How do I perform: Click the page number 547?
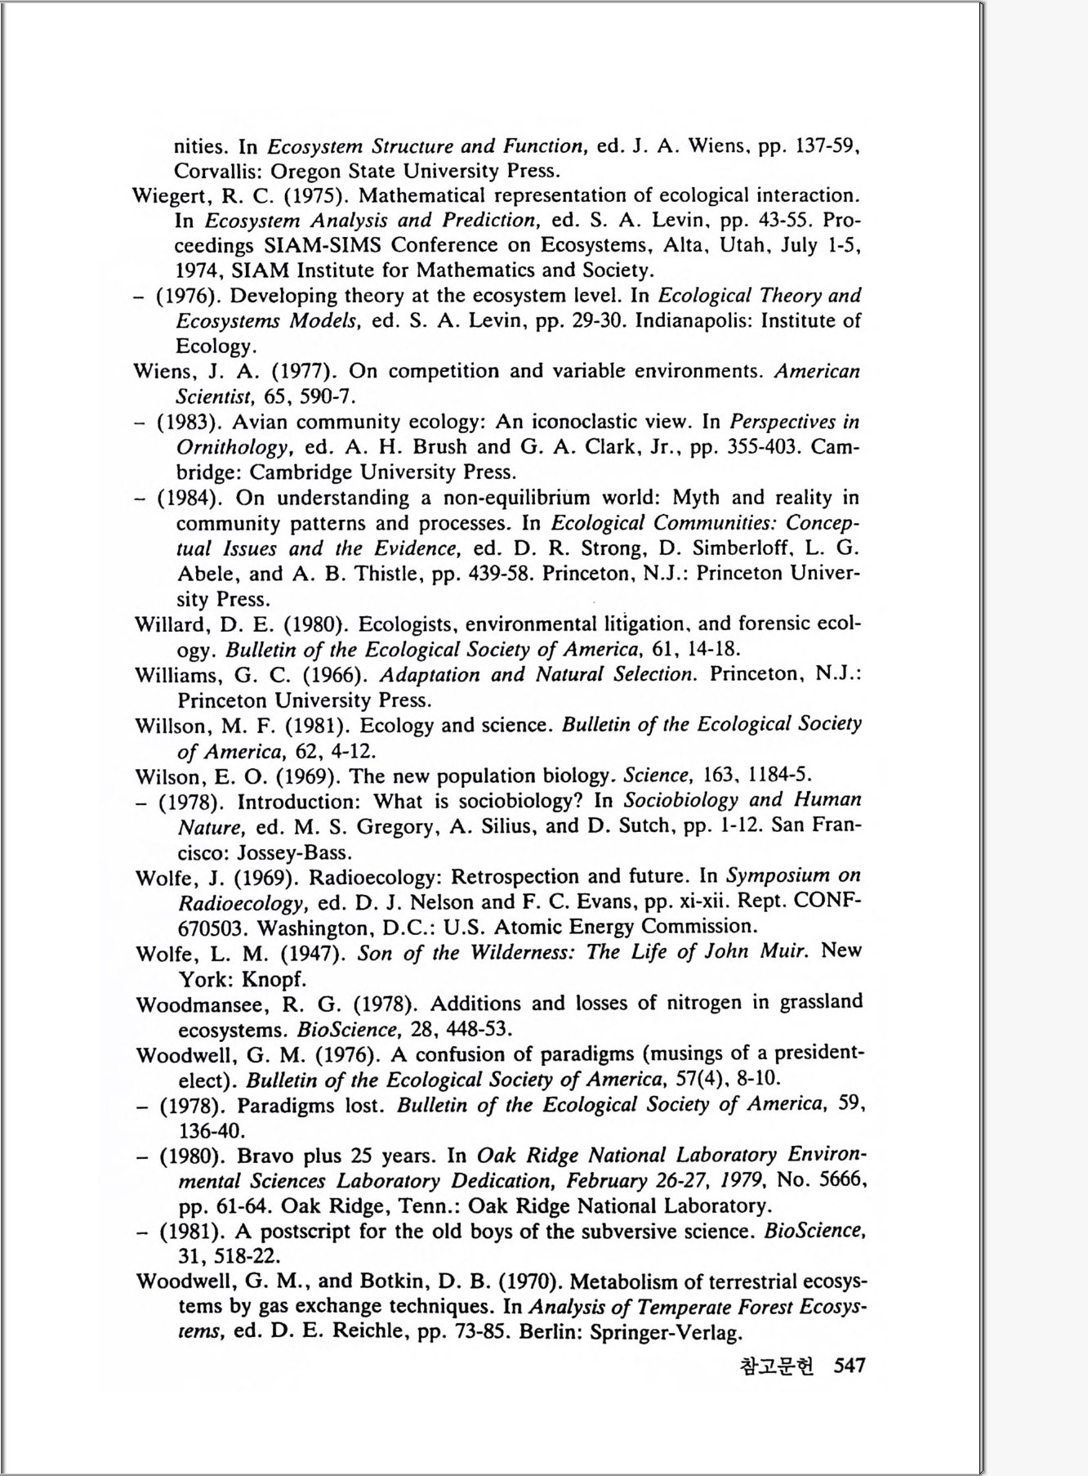[849, 1365]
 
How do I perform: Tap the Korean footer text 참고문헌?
[776, 1366]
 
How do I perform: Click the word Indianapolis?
[693, 320]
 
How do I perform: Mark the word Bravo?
[266, 1156]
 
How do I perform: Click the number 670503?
[212, 928]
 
